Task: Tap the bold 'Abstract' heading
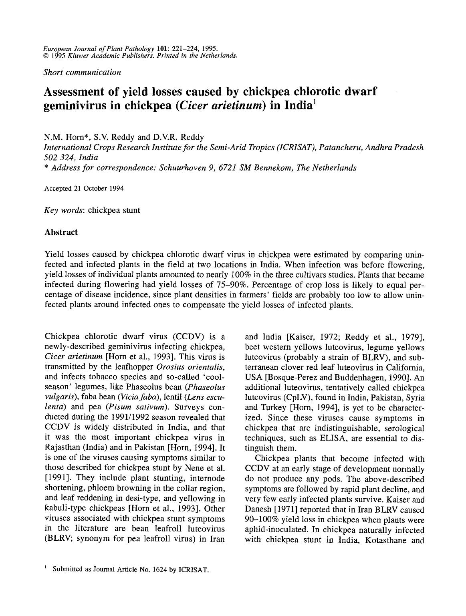click(61, 232)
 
